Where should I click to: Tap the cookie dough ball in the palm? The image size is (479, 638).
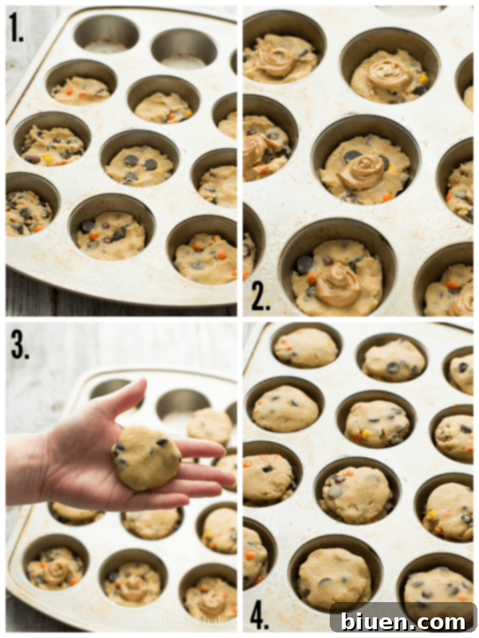point(146,457)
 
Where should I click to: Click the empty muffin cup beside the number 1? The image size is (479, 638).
point(105,34)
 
